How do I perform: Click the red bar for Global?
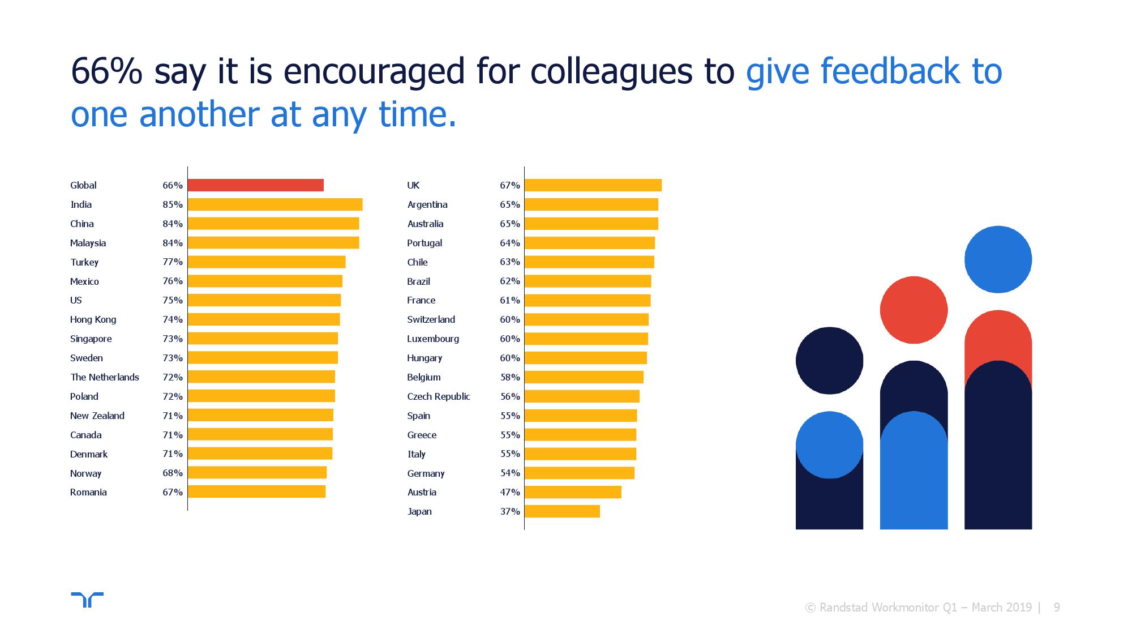(255, 185)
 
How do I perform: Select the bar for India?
(275, 204)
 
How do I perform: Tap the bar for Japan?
(562, 511)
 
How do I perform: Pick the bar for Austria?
(573, 492)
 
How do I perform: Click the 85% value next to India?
(173, 204)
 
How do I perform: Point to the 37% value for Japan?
(509, 511)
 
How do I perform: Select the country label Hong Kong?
(93, 319)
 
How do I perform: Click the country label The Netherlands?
(104, 377)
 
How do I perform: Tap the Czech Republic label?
(438, 396)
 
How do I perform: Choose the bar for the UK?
(593, 185)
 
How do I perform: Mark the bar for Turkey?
(266, 262)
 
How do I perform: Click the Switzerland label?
(431, 319)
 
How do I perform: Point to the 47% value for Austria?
(509, 492)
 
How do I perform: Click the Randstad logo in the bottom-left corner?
(87, 600)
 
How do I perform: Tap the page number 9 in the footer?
(1056, 608)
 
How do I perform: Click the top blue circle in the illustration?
(998, 259)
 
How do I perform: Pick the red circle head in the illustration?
(914, 310)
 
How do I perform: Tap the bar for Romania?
(256, 492)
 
